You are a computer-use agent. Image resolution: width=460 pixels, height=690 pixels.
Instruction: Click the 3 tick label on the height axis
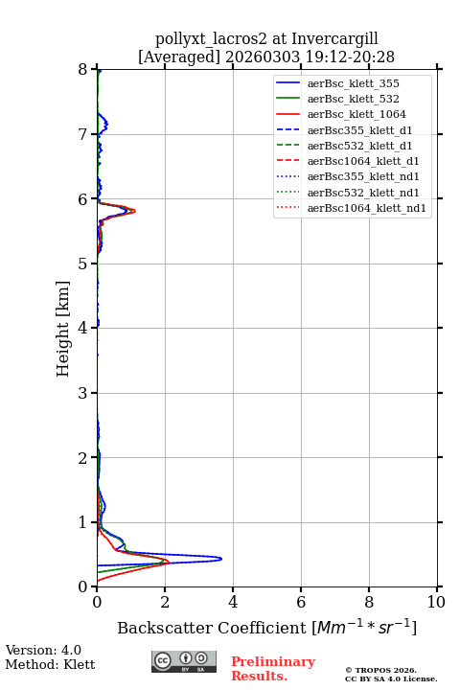[x=82, y=393]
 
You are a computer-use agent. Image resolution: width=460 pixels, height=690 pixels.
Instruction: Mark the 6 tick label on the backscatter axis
[x=301, y=602]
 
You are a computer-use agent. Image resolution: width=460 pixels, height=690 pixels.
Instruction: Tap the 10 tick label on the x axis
[x=436, y=602]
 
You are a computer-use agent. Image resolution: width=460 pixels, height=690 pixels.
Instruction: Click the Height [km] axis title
[x=63, y=329]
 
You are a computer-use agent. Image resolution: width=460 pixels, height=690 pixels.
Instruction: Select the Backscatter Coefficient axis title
[x=266, y=627]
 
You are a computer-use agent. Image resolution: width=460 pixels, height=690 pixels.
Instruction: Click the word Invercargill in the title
[x=335, y=39]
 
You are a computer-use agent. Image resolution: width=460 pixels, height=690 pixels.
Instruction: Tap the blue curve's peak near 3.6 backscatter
[x=221, y=559]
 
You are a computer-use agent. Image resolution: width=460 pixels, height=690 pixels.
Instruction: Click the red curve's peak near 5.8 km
[x=134, y=211]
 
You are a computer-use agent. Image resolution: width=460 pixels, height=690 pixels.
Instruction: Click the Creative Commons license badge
[x=184, y=661]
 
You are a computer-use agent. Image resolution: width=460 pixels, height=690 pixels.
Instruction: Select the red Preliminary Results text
[x=273, y=669]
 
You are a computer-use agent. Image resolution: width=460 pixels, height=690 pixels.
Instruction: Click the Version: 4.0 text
[x=43, y=650]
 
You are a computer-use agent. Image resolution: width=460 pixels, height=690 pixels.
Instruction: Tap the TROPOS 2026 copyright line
[x=381, y=670]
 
